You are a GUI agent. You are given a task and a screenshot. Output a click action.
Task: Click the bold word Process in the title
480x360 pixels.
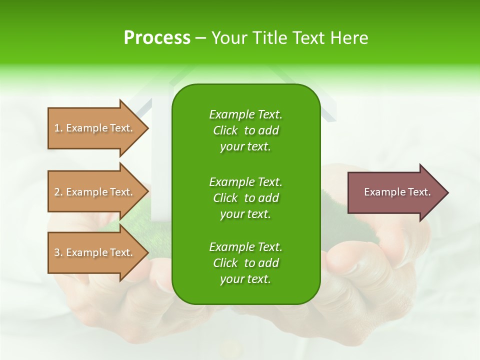(157, 38)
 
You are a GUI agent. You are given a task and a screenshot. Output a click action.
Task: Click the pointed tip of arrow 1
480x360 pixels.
(147, 128)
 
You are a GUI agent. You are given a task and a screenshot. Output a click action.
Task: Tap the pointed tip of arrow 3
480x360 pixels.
(147, 252)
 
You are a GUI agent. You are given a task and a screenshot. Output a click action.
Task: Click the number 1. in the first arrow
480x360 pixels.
(58, 128)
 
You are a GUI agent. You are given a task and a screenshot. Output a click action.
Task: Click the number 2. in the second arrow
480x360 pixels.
(58, 192)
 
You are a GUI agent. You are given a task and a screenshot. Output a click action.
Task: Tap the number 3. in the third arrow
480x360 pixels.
(58, 252)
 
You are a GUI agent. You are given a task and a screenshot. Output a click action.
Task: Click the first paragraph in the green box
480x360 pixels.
(245, 130)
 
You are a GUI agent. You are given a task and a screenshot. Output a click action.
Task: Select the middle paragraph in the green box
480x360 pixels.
(245, 198)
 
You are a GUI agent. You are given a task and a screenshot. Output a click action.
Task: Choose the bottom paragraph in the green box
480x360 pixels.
(245, 263)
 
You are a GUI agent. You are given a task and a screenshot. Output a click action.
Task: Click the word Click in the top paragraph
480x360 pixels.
(225, 130)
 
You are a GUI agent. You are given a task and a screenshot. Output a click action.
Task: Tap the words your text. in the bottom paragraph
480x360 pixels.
(245, 279)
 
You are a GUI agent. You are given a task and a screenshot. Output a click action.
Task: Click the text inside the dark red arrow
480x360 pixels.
(397, 192)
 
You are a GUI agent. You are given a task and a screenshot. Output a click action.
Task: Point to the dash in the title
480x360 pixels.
(200, 39)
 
